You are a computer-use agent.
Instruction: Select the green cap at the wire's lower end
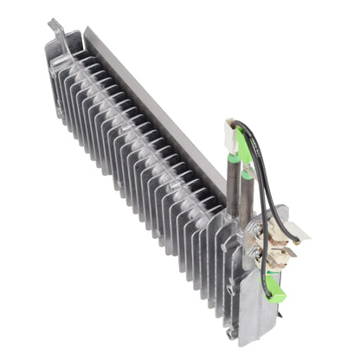(x=277, y=294)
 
